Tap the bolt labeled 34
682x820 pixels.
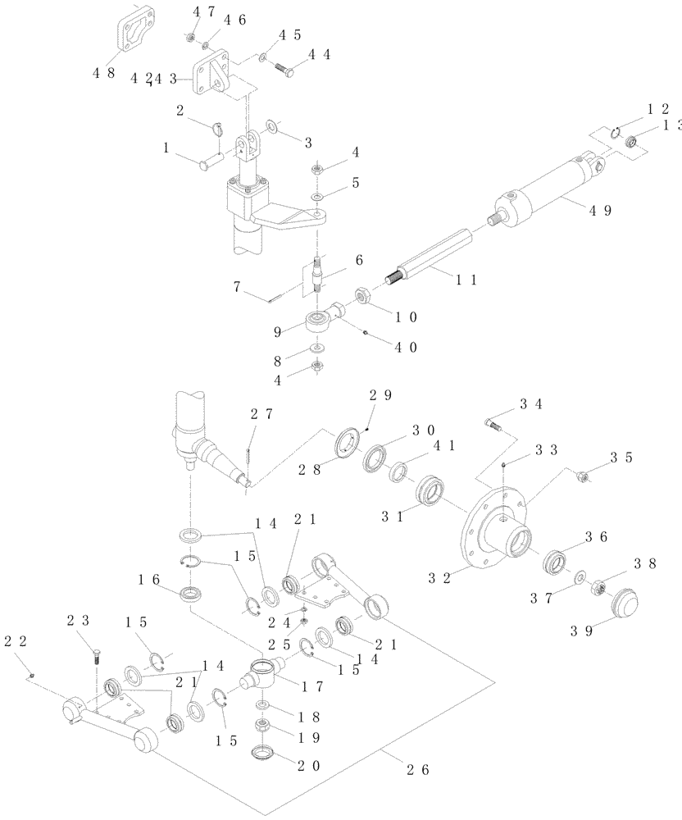point(491,425)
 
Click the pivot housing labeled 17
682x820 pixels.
point(263,676)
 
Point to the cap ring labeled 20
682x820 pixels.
point(264,752)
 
